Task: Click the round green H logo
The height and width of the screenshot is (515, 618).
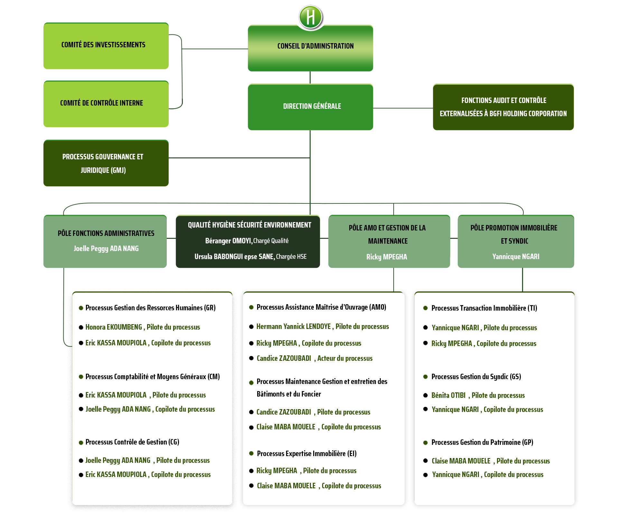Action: point(310,17)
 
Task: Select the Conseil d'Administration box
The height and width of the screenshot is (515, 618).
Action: point(310,48)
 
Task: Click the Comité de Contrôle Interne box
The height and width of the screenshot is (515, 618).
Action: point(106,104)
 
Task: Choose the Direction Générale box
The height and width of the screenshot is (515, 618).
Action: point(310,107)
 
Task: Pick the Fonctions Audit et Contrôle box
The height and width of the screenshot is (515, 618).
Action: point(503,107)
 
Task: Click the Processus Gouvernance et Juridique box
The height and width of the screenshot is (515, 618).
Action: point(106,163)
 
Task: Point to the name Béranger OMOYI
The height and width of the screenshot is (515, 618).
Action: point(229,241)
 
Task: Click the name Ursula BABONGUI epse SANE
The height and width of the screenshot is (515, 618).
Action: point(234,257)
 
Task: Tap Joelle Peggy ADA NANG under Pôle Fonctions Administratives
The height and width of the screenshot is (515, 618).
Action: point(106,248)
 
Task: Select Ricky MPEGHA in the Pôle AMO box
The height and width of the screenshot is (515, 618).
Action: point(387,257)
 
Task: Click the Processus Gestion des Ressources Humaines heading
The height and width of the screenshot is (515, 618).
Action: point(150,308)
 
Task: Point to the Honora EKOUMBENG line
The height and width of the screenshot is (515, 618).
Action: point(143,327)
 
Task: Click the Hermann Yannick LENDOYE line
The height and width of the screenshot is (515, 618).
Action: point(323,326)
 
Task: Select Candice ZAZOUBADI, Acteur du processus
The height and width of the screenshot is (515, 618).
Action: point(314,358)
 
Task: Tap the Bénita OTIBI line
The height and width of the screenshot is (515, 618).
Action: point(478,395)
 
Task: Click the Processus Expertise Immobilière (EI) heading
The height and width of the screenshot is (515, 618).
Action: point(307,454)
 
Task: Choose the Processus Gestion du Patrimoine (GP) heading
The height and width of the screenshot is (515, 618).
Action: point(482,442)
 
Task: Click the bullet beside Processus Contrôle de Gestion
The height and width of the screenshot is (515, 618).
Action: point(81,443)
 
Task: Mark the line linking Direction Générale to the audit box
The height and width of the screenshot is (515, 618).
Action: point(403,108)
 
